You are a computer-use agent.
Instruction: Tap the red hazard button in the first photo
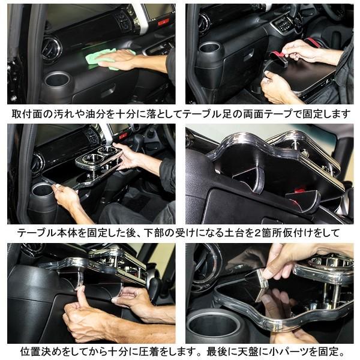(x=163, y=22)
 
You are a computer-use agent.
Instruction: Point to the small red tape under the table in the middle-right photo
(x=298, y=191)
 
